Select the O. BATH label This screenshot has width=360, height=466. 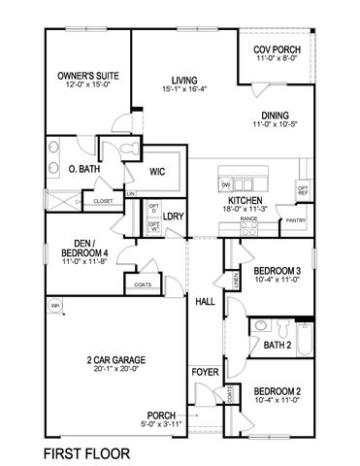(x=75, y=169)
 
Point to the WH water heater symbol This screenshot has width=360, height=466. (x=54, y=306)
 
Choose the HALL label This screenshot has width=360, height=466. (x=204, y=302)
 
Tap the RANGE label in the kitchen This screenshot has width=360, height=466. (x=248, y=219)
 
